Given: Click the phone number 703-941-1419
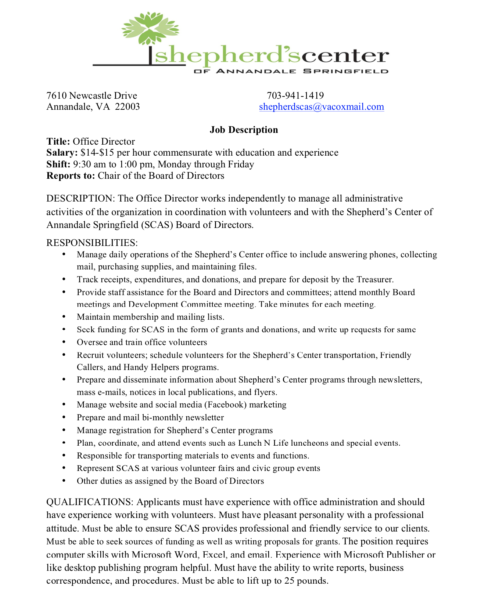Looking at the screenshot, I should tap(295, 96).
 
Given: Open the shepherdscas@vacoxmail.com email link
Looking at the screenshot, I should tap(322, 107).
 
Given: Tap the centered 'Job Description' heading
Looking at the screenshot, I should tap(244, 130).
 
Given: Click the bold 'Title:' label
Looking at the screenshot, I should tap(58, 142).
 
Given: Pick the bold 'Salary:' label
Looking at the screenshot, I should tap(62, 153).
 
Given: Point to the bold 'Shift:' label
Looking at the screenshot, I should tap(58, 164).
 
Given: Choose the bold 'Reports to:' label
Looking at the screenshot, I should tap(71, 176).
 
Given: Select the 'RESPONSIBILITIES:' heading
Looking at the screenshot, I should tap(92, 243).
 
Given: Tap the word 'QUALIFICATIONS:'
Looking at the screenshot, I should tap(90, 502).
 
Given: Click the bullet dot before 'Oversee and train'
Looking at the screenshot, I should tap(64, 342).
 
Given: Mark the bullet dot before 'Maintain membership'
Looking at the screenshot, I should tap(64, 317).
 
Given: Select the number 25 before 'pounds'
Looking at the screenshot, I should tap(290, 581).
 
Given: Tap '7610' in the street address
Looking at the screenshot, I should tap(56, 96).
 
